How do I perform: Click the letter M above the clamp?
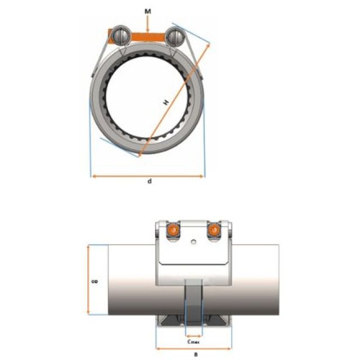(147, 11)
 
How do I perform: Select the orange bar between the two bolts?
(147, 36)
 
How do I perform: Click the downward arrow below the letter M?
(147, 24)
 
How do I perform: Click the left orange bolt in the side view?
(173, 231)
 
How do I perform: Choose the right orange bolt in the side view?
(213, 231)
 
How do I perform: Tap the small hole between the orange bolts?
(193, 242)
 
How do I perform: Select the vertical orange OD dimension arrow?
(88, 280)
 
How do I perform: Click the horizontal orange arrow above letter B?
(192, 349)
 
